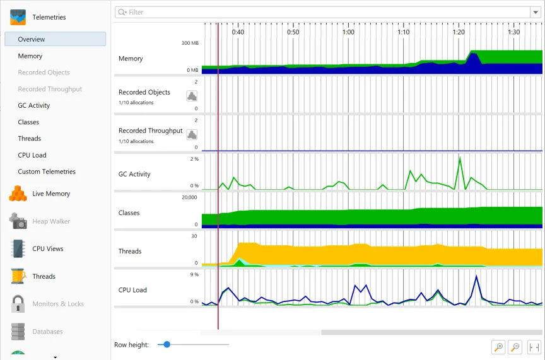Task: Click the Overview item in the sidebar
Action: (32, 39)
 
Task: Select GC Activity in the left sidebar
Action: (34, 106)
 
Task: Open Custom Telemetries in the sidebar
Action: (47, 171)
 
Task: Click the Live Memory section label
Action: (51, 194)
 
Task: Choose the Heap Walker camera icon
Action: (18, 221)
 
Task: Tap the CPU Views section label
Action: (48, 249)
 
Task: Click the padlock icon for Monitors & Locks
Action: (18, 304)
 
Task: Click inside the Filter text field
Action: (315, 12)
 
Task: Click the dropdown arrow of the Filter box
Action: (535, 12)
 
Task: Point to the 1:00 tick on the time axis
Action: (348, 32)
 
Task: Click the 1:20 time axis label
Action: (459, 32)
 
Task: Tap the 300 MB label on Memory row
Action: (190, 43)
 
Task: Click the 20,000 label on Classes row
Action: (189, 197)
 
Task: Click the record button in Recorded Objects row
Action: (192, 96)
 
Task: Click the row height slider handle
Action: (167, 345)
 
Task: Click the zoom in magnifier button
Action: (498, 347)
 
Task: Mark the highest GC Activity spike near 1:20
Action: (460, 158)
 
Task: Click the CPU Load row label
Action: (132, 290)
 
